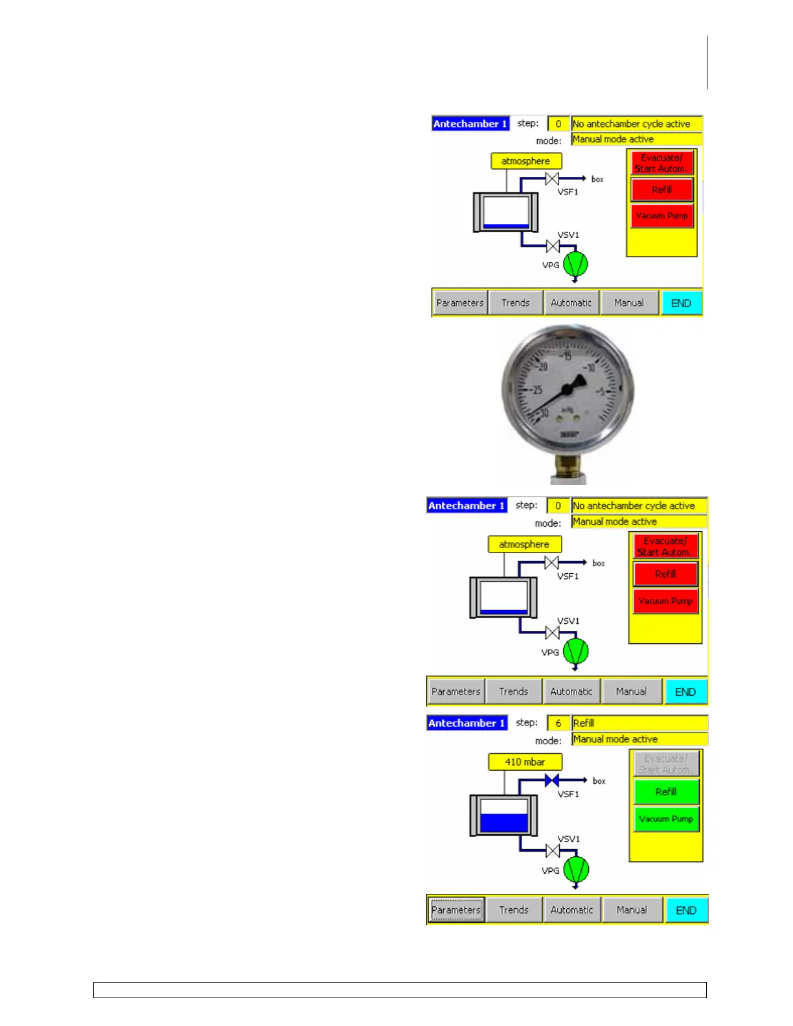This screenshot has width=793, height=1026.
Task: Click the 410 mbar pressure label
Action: pyautogui.click(x=525, y=762)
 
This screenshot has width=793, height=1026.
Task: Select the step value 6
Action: pyautogui.click(x=558, y=723)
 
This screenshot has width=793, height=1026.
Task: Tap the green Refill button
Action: pyautogui.click(x=666, y=792)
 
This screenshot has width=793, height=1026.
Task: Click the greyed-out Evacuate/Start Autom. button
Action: pyautogui.click(x=666, y=764)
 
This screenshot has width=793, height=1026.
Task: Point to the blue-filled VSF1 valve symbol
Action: pyautogui.click(x=552, y=781)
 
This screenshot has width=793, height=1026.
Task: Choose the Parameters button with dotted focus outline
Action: pyautogui.click(x=456, y=909)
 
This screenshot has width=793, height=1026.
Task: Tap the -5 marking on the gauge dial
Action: pyautogui.click(x=600, y=391)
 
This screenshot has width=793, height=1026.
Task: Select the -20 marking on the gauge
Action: pyautogui.click(x=542, y=367)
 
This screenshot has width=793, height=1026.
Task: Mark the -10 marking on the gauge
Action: pyautogui.click(x=590, y=368)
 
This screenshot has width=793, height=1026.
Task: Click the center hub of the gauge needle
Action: pyautogui.click(x=568, y=389)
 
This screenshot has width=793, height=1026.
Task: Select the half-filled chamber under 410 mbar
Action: pyautogui.click(x=503, y=815)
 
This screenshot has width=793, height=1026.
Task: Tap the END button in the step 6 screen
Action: pyautogui.click(x=686, y=909)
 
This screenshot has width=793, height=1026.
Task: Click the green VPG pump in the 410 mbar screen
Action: pyautogui.click(x=576, y=869)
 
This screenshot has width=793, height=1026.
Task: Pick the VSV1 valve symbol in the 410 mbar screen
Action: pyautogui.click(x=553, y=850)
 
